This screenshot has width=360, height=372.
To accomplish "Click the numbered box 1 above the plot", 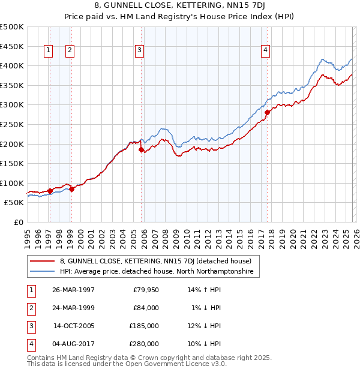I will (49, 51).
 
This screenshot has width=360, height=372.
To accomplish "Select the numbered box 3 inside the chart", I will (139, 51).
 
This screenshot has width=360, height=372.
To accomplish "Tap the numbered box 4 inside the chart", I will (265, 51).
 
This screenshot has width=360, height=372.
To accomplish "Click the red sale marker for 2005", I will (142, 150).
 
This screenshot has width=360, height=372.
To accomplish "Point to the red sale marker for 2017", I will (267, 112).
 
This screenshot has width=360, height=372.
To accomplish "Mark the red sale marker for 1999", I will (71, 189).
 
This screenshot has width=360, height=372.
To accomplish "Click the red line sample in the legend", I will (43, 261).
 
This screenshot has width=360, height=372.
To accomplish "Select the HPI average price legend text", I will (157, 272).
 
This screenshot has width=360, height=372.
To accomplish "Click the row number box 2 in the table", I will (30, 308).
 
